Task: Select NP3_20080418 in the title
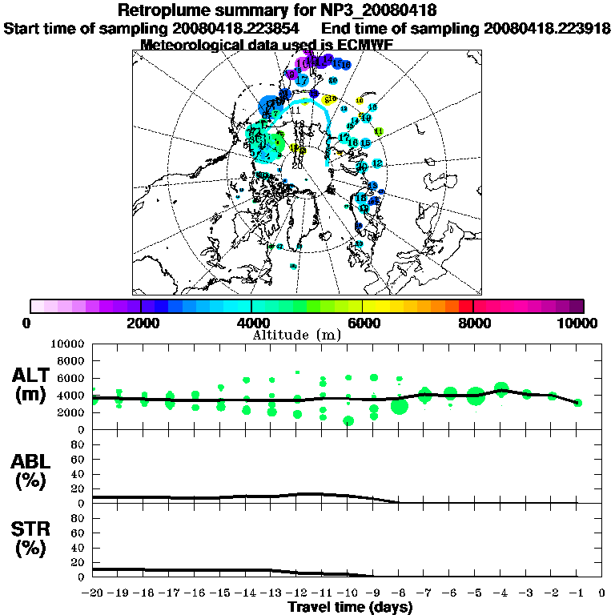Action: [x=384, y=11]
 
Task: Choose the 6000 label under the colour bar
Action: [x=363, y=323]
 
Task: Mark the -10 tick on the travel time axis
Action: [x=348, y=593]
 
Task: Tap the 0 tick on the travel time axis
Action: [x=602, y=593]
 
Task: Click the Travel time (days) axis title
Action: [x=350, y=607]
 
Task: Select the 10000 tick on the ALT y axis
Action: [x=66, y=344]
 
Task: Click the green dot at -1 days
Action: [x=577, y=403]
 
